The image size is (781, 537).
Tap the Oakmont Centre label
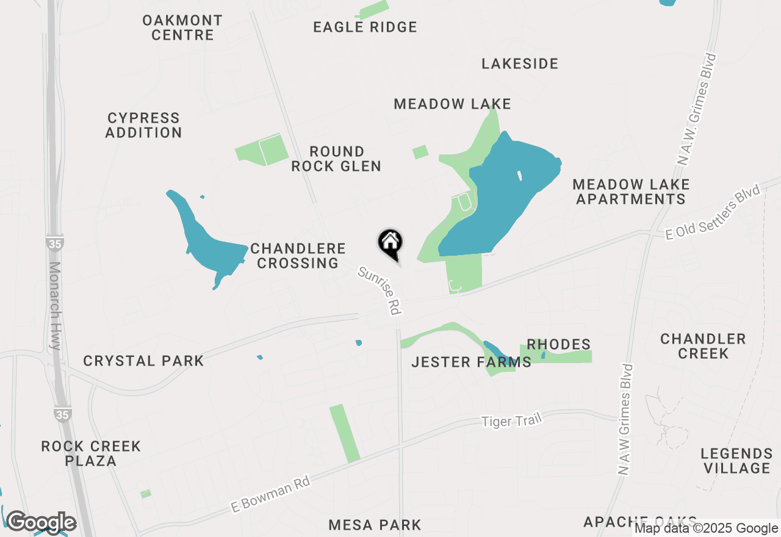point(182,27)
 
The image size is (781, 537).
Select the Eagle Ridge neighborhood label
point(365,27)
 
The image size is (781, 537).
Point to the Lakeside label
point(520,63)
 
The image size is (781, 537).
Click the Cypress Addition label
point(144,125)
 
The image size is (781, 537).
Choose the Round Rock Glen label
point(336,159)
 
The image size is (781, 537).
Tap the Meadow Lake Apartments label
point(631,192)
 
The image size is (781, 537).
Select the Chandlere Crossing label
point(298,256)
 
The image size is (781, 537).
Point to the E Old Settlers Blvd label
point(713,213)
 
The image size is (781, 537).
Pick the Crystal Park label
point(143,361)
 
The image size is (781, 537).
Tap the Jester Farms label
point(471,362)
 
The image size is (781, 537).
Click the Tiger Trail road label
point(511,420)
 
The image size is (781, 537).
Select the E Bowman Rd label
point(271,494)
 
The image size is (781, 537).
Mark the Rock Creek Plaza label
point(91,453)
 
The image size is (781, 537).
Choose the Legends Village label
point(736,461)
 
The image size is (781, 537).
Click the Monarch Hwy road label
point(55,305)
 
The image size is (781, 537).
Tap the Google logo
point(41,522)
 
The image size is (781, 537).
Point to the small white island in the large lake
point(520,176)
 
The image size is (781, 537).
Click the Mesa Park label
point(375,525)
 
